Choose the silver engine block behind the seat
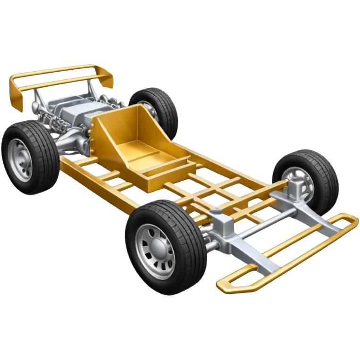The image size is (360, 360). [75, 113]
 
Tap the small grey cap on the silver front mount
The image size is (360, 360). [215, 213]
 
